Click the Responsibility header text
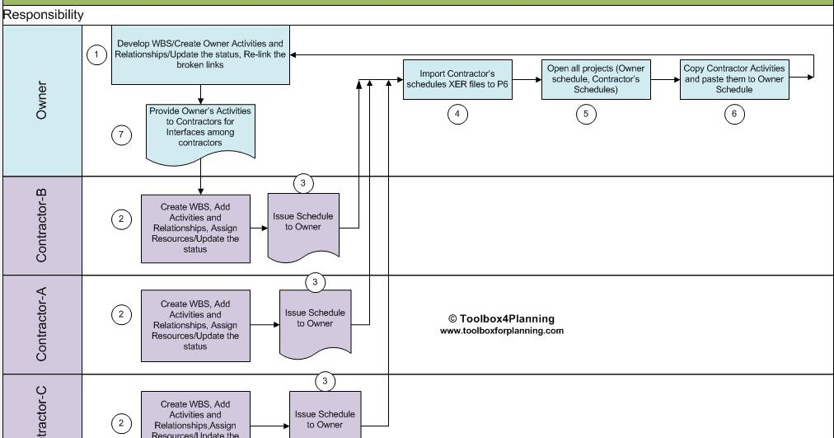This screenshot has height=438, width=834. (43, 15)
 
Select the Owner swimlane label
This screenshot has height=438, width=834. (41, 100)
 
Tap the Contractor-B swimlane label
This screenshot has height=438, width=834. (41, 225)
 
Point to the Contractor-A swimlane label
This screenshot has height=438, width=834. (41, 325)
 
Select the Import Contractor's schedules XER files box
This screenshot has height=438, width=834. (457, 79)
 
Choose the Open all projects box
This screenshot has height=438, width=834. (584, 79)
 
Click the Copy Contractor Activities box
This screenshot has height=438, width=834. (734, 79)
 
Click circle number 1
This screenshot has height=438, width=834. (97, 54)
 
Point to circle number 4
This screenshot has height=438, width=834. (457, 115)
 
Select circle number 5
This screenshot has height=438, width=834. (585, 115)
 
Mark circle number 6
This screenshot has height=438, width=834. (734, 115)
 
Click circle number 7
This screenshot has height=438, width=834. (121, 136)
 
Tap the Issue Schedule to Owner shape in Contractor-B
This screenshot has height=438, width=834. (303, 222)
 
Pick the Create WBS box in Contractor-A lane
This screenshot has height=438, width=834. (195, 325)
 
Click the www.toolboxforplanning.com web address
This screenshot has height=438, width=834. (501, 331)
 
